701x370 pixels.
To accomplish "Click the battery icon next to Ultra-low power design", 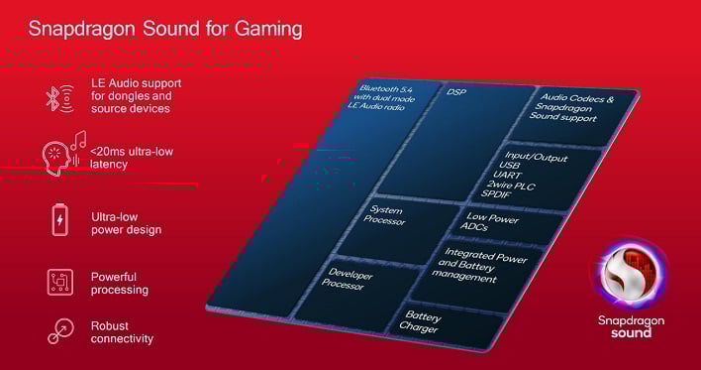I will coord(60,218).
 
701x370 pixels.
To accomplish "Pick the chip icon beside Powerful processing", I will coord(60,283).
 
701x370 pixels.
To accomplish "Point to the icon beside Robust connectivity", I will coord(60,331).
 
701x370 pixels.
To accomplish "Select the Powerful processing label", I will coord(119,283).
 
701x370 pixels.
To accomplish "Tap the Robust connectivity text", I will coord(122,332).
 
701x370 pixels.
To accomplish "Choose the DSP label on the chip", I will coord(456,92).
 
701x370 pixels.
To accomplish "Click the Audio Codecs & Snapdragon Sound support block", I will coord(575,109).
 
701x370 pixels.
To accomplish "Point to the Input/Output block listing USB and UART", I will coord(533,175).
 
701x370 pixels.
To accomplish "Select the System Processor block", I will coord(387,215).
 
